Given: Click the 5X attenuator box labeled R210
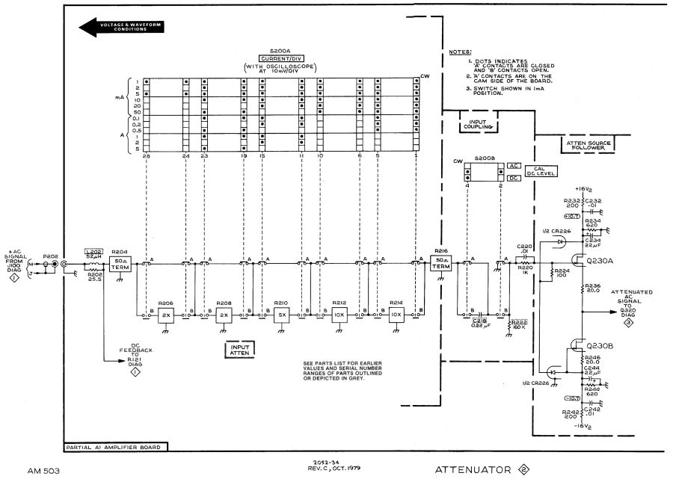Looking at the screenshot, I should coord(281,315).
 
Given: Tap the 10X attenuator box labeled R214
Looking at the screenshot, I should coord(396,315).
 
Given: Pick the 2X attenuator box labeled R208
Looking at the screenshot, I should coord(223,315).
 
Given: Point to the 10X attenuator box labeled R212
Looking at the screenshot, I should coord(339,315).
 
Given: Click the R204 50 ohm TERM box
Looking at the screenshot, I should coord(120,266).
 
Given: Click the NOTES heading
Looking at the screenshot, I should coord(459,52).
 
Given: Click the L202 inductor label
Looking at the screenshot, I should coord(93,252).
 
